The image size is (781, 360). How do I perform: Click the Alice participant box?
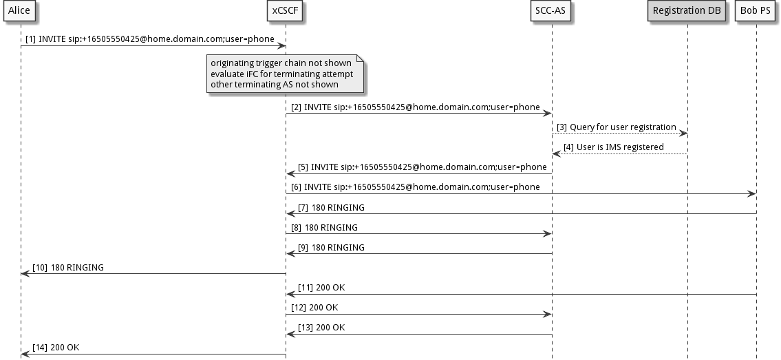point(19,10)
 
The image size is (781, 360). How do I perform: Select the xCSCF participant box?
point(285,10)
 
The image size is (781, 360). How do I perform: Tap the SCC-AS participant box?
point(552,10)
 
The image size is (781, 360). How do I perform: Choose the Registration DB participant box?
point(687,10)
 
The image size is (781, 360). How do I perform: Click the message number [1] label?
point(31,39)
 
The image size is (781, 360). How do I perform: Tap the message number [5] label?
point(303,167)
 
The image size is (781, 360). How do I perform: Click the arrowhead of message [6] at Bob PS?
point(752,193)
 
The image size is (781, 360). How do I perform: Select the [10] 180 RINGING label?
point(68,267)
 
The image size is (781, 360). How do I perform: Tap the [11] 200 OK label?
point(321,287)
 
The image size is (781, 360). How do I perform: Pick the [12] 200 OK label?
point(314,307)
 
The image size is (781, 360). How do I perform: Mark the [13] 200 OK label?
point(321,327)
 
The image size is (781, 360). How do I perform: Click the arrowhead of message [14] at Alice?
point(25,354)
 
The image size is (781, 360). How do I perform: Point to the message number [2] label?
point(296,107)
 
